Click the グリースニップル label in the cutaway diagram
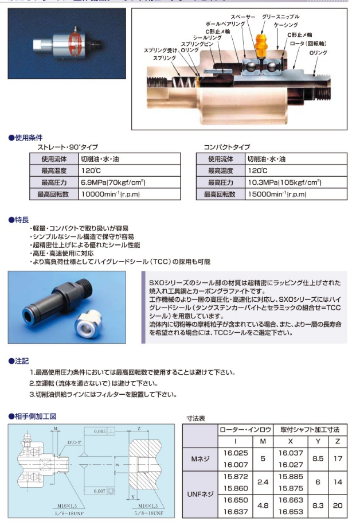(280, 17)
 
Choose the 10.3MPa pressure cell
(284, 182)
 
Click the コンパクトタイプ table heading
(227, 147)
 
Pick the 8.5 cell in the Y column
(316, 458)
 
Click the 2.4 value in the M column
(263, 483)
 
